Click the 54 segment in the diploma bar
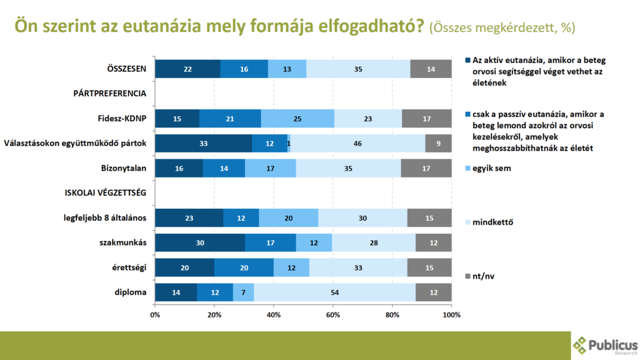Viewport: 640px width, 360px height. [x=334, y=292]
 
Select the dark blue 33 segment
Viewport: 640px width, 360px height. [x=204, y=143]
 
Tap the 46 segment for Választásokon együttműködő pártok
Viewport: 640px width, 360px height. [x=357, y=143]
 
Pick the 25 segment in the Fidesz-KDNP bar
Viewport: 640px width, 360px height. [x=297, y=118]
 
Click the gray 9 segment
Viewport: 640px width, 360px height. [x=438, y=143]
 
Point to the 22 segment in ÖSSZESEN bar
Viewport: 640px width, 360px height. [x=187, y=69]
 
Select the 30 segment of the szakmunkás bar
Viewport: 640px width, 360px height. [x=200, y=242]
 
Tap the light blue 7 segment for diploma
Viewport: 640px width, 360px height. [x=244, y=292]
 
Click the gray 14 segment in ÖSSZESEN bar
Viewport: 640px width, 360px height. [x=431, y=69]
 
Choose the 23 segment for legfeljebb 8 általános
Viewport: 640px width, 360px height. [x=189, y=217]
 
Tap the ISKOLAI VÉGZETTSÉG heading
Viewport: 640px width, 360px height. [x=106, y=192]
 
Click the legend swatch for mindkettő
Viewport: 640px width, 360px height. [x=468, y=222]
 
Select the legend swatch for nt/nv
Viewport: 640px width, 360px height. [x=468, y=276]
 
